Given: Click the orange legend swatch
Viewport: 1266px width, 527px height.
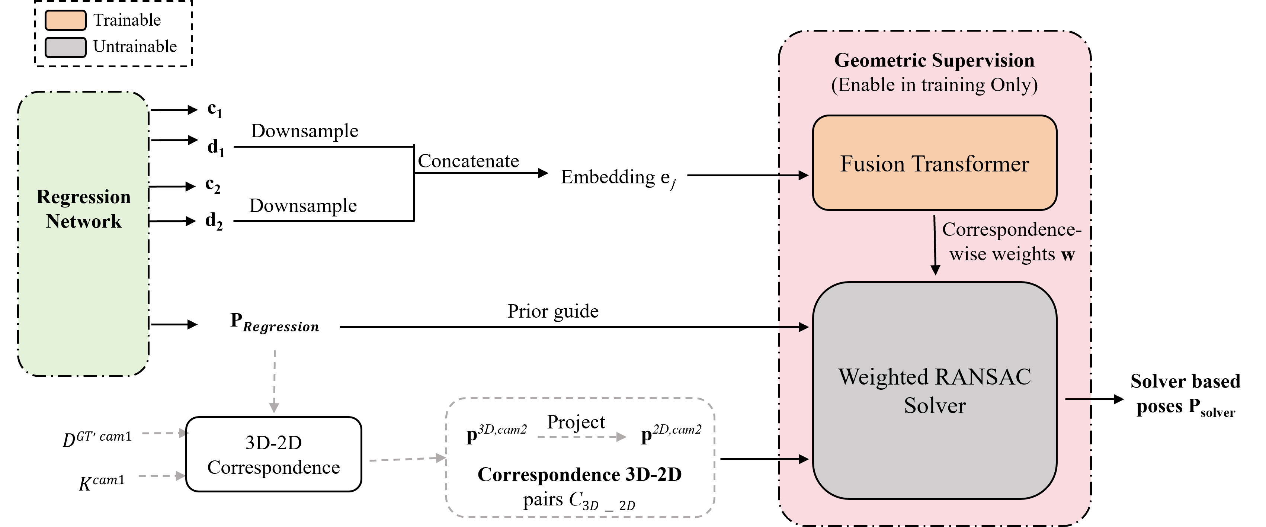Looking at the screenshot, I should coord(65,20).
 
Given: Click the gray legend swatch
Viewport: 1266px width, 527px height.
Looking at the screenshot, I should coord(65,47).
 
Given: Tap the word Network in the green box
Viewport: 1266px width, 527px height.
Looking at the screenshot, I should coord(84,222).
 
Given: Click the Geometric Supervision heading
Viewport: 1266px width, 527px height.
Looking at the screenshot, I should coord(934,60).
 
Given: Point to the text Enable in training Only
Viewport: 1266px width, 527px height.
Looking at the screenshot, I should coord(934,85).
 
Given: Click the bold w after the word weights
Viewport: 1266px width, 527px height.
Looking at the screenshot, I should coord(1067,255).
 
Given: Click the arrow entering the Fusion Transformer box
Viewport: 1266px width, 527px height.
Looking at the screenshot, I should coord(794,175).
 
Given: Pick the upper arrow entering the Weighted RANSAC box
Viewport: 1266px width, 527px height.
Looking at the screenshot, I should coord(794,327).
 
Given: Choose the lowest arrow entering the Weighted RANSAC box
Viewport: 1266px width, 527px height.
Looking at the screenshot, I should coord(794,459).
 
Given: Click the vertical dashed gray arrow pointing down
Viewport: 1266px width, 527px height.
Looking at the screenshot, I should coord(274,380).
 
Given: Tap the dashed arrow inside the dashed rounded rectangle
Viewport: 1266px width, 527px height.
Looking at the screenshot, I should coord(581,437).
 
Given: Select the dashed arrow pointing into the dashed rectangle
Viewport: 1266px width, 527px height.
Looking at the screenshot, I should coord(407,459).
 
